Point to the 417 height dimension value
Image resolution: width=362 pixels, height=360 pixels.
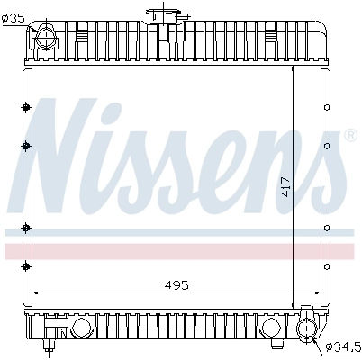pos(285,186)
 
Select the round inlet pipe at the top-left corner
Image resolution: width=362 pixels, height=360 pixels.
pos(44,37)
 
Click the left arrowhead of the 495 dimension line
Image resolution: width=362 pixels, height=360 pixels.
pos(36,292)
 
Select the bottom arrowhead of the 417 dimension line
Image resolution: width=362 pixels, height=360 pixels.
pos(295,304)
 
